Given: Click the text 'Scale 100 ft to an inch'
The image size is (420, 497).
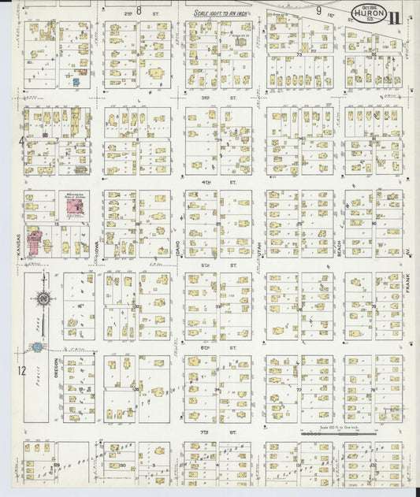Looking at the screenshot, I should [221, 13].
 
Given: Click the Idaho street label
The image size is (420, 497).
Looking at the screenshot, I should [179, 253].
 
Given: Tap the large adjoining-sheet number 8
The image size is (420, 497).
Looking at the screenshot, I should [138, 10].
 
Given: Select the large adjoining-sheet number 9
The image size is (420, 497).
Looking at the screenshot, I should [319, 10].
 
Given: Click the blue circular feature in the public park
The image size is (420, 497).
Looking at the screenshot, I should [37, 347].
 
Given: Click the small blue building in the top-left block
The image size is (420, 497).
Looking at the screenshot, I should [76, 80].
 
